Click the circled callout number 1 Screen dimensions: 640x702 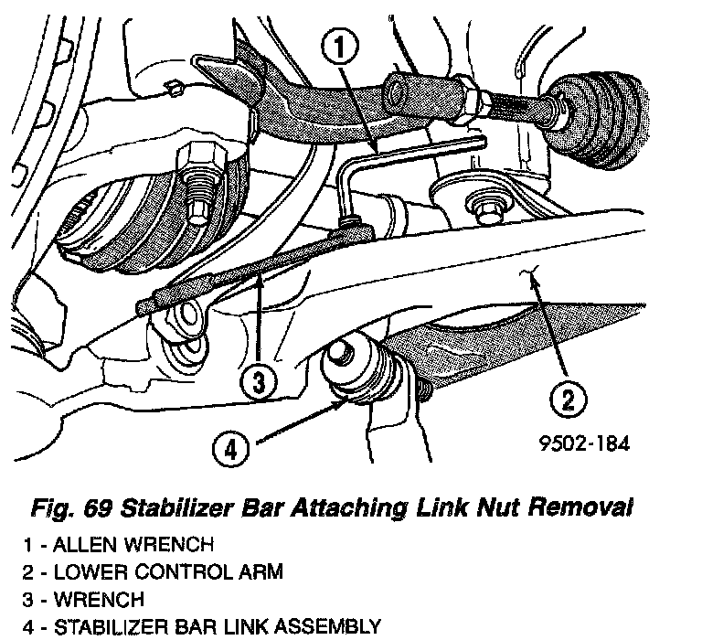[339, 48]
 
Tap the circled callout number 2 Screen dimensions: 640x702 [568, 399]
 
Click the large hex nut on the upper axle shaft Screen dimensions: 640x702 [464, 92]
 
